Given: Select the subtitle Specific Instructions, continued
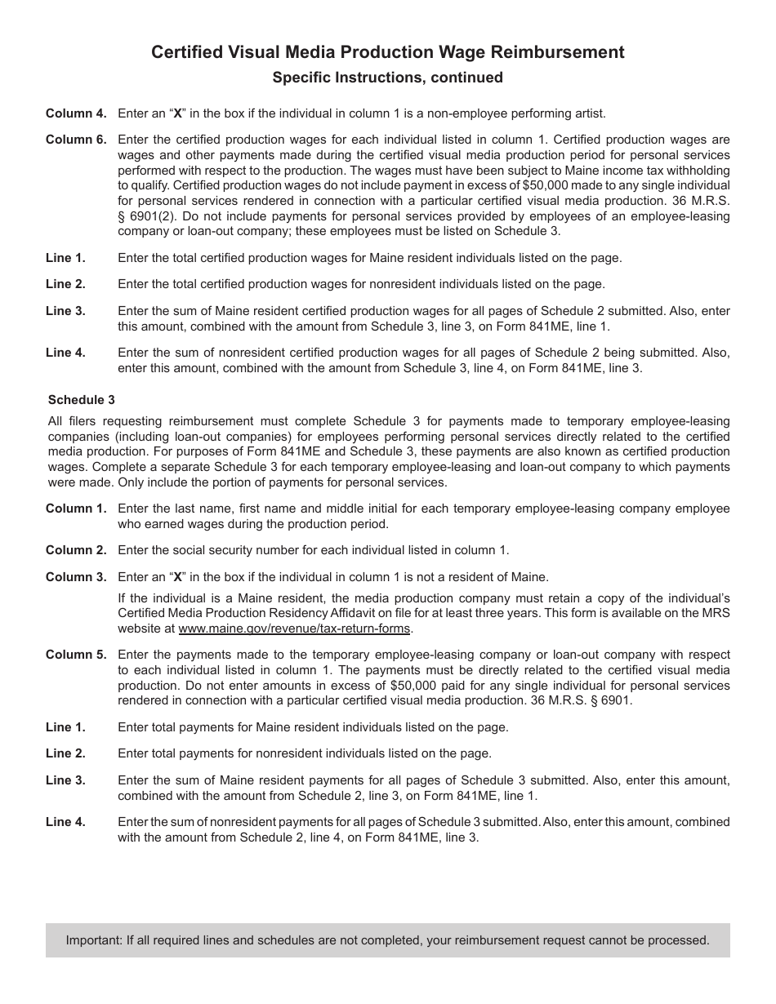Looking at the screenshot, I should pos(387,78).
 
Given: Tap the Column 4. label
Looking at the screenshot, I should pos(76,113).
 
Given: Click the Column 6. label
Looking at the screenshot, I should pos(76,140).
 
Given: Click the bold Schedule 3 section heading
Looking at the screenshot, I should pos(82,400).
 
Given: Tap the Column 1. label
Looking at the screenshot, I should pos(76,509).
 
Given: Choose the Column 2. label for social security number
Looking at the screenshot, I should pos(76,550).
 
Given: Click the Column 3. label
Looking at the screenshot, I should pos(76,577).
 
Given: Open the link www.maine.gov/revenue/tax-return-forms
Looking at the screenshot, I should pos(295,629).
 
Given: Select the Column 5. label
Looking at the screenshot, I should pos(76,655).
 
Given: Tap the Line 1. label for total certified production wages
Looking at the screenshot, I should pos(65,258).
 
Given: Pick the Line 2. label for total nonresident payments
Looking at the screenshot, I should pos(65,753).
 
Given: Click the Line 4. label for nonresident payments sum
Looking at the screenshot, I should pos(65,822).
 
